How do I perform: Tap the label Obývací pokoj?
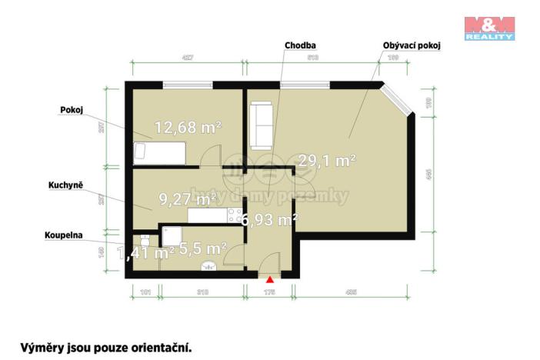pos(411,45)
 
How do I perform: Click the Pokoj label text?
pos(72,109)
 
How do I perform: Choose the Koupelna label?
pos(64,236)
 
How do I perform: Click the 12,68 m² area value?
pos(188,128)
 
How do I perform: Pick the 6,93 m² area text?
pos(268,221)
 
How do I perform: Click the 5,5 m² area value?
pos(202,248)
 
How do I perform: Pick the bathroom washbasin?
pos(207,266)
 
